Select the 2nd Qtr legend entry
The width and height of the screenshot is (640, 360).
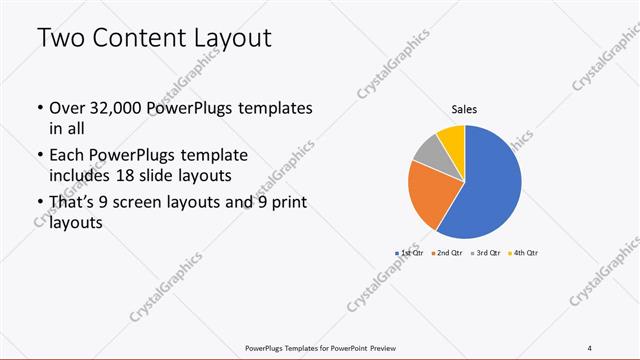pyautogui.click(x=446, y=253)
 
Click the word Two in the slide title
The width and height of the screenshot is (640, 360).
pyautogui.click(x=60, y=40)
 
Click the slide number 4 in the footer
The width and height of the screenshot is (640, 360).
pyautogui.click(x=590, y=347)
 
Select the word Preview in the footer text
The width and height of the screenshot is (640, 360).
pyautogui.click(x=385, y=347)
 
